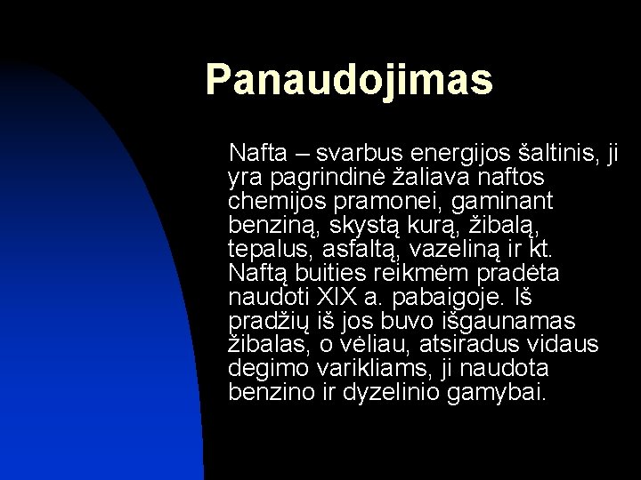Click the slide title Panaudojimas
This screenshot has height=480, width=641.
[x=348, y=79]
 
